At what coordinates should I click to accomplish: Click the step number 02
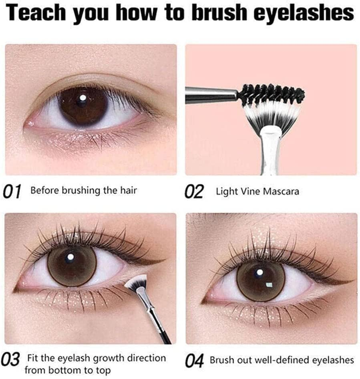pyautogui.click(x=194, y=192)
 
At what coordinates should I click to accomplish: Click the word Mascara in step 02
pyautogui.click(x=281, y=192)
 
